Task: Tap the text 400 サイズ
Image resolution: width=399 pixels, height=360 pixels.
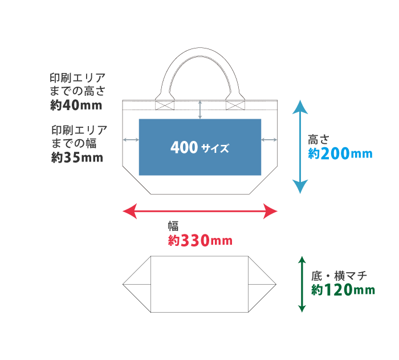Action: coord(199,148)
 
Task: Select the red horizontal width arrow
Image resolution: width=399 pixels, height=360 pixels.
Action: coord(200,212)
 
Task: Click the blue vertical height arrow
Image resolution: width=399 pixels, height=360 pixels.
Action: coord(300,147)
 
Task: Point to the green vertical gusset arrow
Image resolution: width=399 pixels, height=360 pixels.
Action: coord(302,284)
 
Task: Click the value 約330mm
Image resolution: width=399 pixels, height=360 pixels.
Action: coord(200,241)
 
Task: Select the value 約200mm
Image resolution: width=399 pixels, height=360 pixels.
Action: coord(340,153)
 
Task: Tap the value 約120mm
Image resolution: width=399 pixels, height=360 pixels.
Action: coord(343,290)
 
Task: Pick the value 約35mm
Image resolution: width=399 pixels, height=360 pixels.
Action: coord(78,157)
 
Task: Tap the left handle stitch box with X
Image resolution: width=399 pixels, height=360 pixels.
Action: coord(165,105)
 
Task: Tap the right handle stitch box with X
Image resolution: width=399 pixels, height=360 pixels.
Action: coord(235,105)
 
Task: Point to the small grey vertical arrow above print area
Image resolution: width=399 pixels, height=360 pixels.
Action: coord(200,110)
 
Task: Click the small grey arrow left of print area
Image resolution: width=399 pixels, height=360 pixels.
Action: coord(131,140)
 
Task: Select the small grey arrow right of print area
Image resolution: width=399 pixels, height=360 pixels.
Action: coord(269,140)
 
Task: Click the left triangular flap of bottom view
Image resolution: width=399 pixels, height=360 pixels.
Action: coord(139,284)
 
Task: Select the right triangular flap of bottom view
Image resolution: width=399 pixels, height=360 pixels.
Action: coord(261,284)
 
